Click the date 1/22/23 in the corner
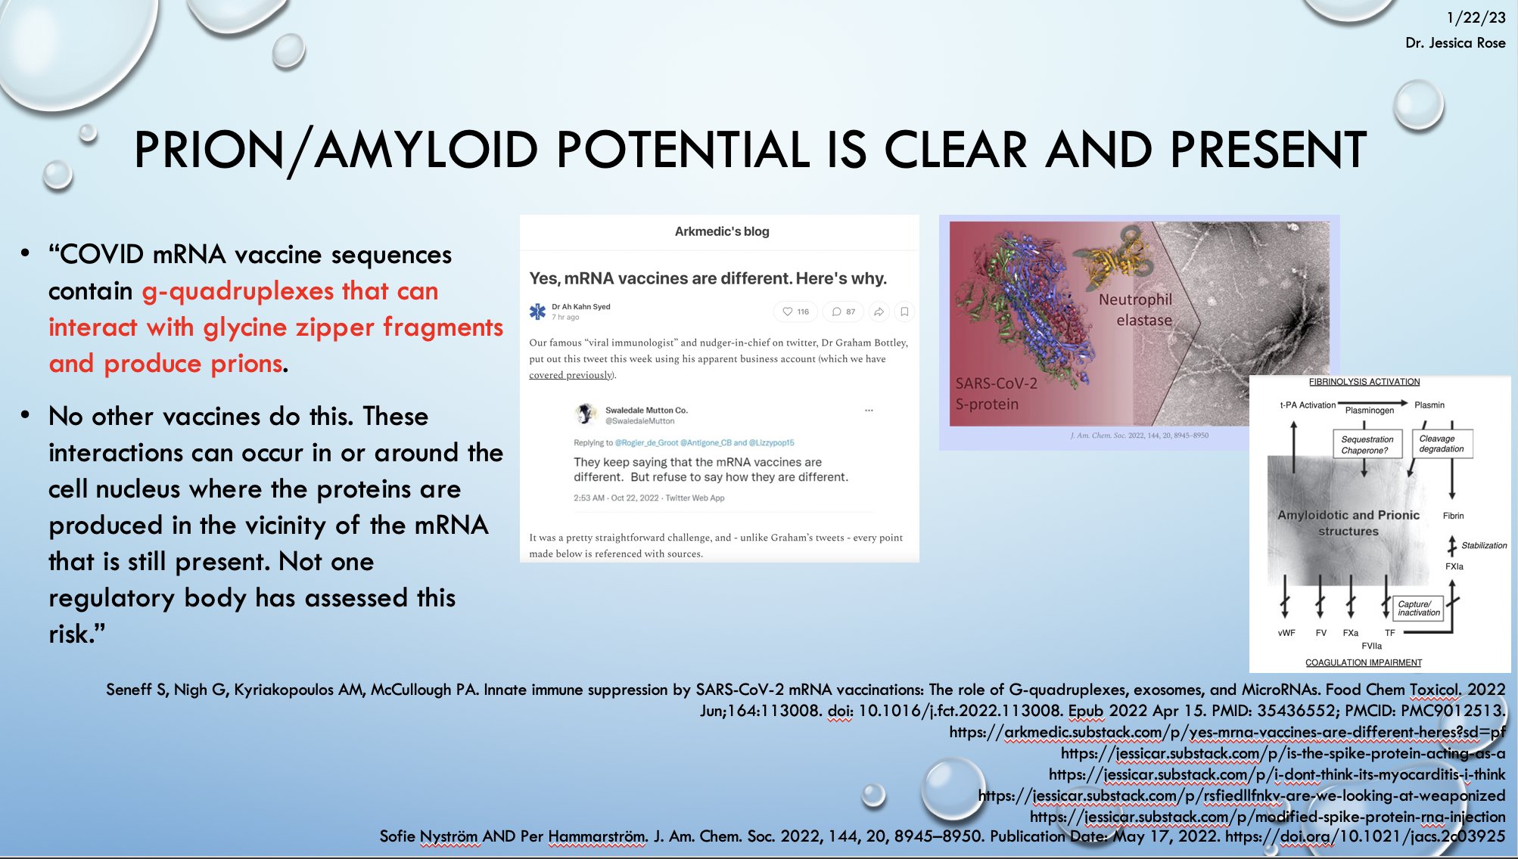tap(1476, 17)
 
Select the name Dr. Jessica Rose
tap(1455, 43)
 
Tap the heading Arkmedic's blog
tap(722, 231)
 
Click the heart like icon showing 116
tap(788, 312)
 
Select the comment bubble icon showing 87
tap(836, 312)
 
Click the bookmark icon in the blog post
tap(904, 312)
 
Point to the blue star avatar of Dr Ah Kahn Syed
tap(537, 311)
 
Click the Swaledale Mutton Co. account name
tap(646, 410)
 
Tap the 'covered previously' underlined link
tap(571, 375)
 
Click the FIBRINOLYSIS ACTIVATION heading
tap(1364, 382)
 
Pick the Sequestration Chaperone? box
tap(1367, 445)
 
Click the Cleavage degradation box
tap(1442, 444)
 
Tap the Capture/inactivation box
tap(1418, 609)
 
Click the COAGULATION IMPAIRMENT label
tap(1364, 663)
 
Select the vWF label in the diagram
tap(1286, 633)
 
